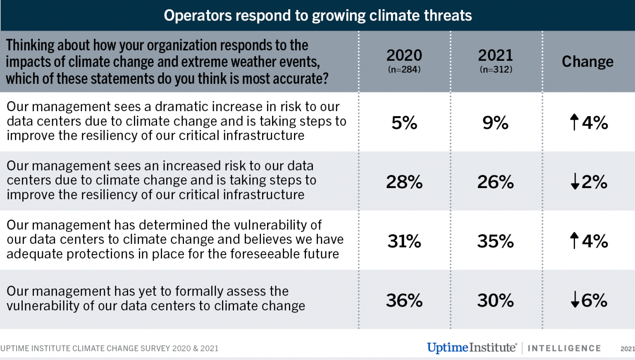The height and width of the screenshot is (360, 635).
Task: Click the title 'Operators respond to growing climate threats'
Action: pyautogui.click(x=317, y=16)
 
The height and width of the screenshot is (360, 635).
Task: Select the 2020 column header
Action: pyautogui.click(x=404, y=55)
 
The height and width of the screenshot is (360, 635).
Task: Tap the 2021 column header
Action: pyautogui.click(x=495, y=55)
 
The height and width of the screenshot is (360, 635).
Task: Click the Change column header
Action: pyautogui.click(x=587, y=62)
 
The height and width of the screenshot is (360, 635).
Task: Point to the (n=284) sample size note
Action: pyautogui.click(x=404, y=69)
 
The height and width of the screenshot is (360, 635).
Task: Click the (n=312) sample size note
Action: pyautogui.click(x=496, y=69)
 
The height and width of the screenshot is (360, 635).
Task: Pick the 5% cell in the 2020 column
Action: pyautogui.click(x=404, y=123)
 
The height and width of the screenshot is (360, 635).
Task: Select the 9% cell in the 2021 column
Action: pyautogui.click(x=495, y=123)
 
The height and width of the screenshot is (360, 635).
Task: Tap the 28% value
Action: pyautogui.click(x=404, y=182)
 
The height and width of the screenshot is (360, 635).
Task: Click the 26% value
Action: pyautogui.click(x=495, y=182)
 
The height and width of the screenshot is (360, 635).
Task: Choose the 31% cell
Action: pyautogui.click(x=404, y=241)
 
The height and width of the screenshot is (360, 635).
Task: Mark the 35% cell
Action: pyautogui.click(x=495, y=241)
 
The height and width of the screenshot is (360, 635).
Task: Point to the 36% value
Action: pyautogui.click(x=404, y=300)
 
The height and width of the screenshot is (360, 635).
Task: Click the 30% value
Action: pyautogui.click(x=495, y=300)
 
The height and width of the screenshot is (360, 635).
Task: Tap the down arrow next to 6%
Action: pyautogui.click(x=575, y=300)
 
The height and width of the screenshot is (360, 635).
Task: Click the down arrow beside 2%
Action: pyautogui.click(x=575, y=181)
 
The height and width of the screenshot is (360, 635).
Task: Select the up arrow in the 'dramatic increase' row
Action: pyautogui.click(x=574, y=122)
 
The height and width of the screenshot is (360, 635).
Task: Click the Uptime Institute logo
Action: pyautogui.click(x=472, y=348)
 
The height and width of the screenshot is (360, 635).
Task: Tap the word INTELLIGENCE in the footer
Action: pyautogui.click(x=564, y=348)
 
